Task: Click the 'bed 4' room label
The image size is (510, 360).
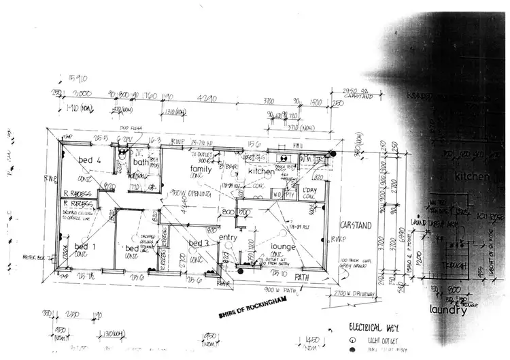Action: point(90,160)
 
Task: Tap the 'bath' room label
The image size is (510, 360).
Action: point(141,162)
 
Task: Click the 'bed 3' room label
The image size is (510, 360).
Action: point(198,244)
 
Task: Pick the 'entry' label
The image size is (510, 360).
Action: point(228,237)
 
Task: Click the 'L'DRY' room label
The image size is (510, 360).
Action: point(309,190)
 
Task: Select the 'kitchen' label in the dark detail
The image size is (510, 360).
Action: point(472,176)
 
